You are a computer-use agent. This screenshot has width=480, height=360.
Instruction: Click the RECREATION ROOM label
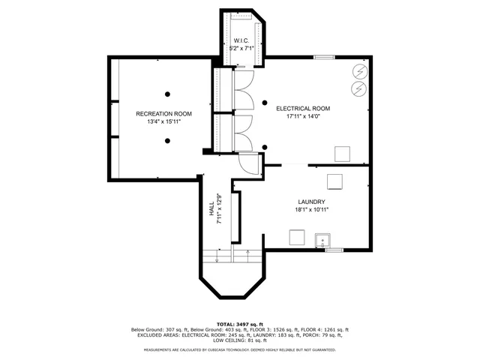(x=163, y=114)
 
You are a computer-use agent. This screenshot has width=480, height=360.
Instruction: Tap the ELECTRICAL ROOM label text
(x=302, y=108)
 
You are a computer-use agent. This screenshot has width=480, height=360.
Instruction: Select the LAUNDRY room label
(x=310, y=202)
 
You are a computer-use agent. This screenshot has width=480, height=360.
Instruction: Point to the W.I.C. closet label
(x=241, y=40)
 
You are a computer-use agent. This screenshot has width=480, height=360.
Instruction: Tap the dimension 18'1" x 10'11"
(x=310, y=210)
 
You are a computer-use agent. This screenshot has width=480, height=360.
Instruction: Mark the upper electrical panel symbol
(x=358, y=72)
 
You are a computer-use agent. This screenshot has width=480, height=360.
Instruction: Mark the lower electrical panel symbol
(x=358, y=88)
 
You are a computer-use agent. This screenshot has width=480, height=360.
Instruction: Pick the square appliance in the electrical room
(x=342, y=153)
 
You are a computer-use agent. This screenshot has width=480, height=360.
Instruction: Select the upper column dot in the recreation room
(x=168, y=94)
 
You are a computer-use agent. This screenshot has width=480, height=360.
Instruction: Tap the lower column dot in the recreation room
(x=168, y=140)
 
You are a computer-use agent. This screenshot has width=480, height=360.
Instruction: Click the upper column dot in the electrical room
(x=264, y=102)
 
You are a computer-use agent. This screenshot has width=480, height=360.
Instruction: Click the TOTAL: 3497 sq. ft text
(x=240, y=322)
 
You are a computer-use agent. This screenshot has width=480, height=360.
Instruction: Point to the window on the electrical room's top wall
(x=323, y=57)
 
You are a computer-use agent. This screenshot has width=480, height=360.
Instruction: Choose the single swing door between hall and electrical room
(x=248, y=162)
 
